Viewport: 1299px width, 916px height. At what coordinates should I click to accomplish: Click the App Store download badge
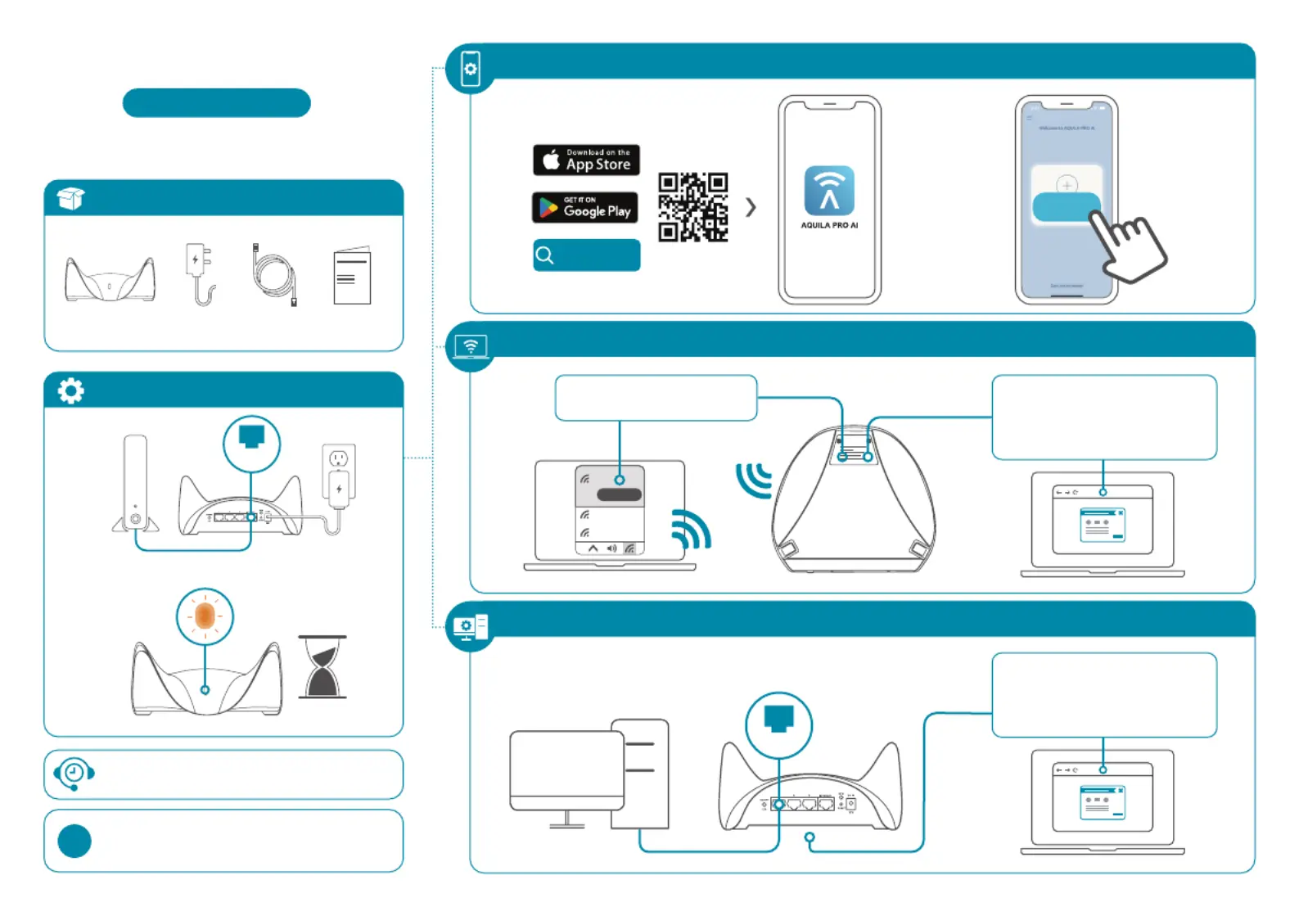586,160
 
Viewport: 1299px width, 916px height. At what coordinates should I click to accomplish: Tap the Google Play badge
584,207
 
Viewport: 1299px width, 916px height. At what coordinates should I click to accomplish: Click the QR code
692,207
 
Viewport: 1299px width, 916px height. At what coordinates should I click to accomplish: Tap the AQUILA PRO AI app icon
829,191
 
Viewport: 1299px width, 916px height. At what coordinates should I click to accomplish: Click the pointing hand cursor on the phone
1128,244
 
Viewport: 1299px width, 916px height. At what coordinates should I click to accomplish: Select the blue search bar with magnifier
586,255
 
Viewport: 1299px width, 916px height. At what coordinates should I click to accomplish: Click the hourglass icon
322,666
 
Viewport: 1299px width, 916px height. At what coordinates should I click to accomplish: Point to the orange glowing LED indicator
205,616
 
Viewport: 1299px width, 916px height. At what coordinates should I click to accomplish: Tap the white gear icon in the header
71,390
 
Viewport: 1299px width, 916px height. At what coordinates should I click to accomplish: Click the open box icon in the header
71,198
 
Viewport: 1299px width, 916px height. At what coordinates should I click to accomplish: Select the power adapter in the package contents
200,273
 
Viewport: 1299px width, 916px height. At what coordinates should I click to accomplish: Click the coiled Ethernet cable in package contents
273,273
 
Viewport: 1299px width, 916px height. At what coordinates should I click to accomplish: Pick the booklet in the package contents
352,276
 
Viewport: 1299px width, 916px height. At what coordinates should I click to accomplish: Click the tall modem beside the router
136,483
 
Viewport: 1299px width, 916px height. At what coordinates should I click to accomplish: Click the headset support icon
74,774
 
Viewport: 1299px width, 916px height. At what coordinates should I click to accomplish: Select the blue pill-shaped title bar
216,103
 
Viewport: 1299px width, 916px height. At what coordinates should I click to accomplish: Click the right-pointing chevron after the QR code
751,207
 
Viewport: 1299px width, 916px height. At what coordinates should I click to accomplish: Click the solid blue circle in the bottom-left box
74,841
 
